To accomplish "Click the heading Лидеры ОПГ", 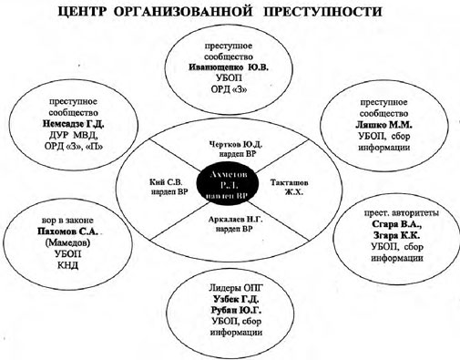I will (230, 285).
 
